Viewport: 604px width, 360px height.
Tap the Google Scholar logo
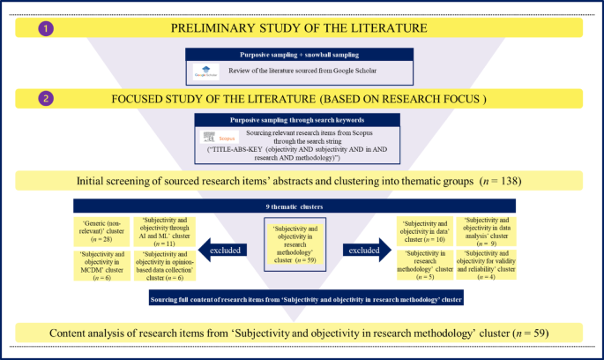(x=205, y=72)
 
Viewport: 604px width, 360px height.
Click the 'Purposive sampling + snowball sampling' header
(x=302, y=54)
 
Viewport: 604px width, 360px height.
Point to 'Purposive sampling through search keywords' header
(x=302, y=119)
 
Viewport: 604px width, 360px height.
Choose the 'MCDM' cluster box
(x=104, y=264)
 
